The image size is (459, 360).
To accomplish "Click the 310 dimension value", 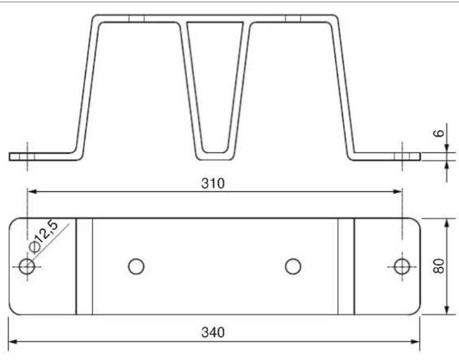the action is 213,183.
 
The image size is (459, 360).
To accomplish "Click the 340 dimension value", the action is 213,333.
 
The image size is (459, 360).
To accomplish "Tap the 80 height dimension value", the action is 438,266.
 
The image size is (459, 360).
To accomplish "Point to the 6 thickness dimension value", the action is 438,134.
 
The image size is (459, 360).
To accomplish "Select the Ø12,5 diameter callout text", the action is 43,236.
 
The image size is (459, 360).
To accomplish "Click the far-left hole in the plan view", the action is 27,267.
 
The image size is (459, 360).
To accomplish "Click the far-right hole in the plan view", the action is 402,267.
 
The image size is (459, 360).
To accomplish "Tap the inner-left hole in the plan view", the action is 136,267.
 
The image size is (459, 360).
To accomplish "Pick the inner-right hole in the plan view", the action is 293,267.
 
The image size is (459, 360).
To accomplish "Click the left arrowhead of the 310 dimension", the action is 32,192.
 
